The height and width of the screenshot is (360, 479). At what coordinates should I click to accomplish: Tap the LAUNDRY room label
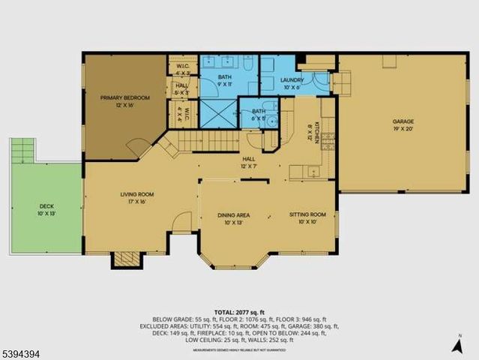point(291,82)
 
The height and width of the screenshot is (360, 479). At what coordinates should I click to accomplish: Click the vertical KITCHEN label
point(317,132)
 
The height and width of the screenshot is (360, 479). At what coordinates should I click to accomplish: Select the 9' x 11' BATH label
point(225,79)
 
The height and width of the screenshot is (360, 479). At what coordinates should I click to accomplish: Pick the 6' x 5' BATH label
point(259,114)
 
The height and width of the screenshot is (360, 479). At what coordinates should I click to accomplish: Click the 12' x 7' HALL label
point(249,161)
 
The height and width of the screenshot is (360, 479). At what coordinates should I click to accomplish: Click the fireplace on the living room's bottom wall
point(124,259)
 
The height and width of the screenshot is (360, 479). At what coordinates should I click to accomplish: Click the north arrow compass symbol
point(458,344)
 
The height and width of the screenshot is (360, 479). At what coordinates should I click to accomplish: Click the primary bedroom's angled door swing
point(136,146)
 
